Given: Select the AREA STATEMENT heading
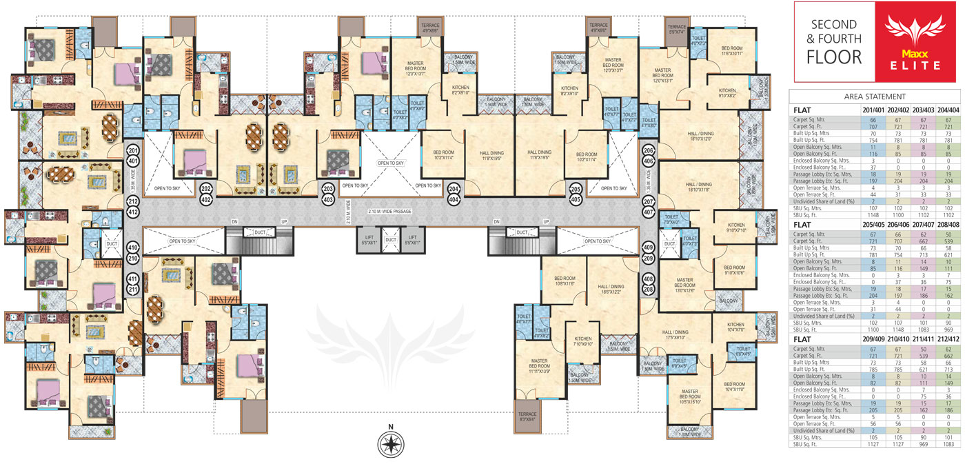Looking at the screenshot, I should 875,97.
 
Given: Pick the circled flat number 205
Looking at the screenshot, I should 576,192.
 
